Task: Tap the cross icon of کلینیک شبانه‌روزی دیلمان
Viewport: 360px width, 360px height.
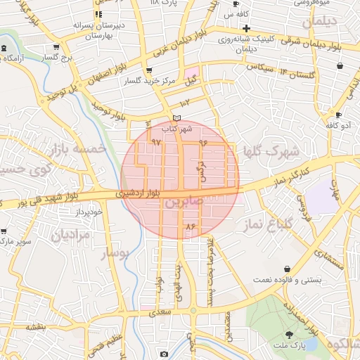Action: (246, 28)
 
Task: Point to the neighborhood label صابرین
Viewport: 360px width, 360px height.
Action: (182, 202)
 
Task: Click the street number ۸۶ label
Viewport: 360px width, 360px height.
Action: (188, 227)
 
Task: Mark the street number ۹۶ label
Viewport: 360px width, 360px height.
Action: (203, 143)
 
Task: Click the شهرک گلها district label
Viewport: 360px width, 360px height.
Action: (271, 152)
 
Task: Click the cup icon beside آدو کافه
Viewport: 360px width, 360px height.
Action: (338, 114)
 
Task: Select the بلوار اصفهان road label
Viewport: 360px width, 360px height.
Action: (107, 75)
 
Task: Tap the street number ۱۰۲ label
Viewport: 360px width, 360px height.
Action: (186, 104)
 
